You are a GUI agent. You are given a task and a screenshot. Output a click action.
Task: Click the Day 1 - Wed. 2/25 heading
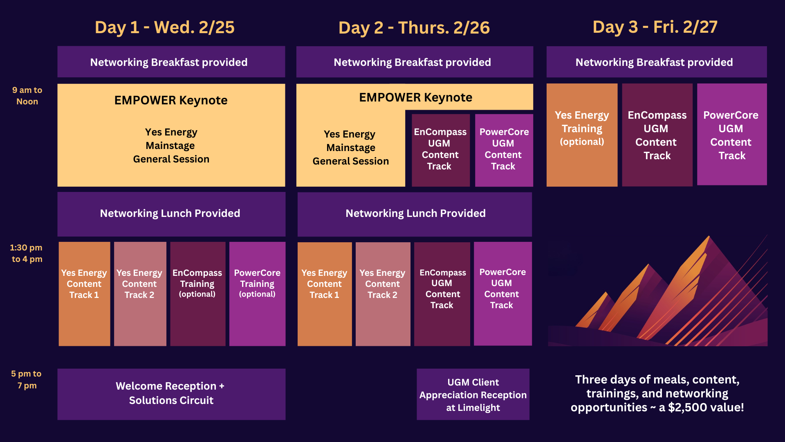[165, 27]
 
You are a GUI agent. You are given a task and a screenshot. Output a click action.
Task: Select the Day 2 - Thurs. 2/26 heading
[414, 28]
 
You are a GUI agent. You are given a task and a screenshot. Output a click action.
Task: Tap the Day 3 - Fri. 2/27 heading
[655, 27]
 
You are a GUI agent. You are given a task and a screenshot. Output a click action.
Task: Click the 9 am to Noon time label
[27, 96]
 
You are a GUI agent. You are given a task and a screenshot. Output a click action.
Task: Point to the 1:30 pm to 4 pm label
[27, 253]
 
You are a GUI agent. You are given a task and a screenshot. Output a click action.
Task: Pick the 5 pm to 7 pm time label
[27, 379]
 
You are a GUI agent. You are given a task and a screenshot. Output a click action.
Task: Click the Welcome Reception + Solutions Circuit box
[171, 394]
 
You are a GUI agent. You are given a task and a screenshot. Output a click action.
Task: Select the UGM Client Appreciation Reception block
[473, 394]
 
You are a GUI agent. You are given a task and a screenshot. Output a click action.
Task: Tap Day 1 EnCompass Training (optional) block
[198, 294]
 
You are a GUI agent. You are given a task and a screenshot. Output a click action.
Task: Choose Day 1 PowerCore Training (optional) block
[257, 294]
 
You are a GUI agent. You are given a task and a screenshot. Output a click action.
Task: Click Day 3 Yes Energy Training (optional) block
[582, 135]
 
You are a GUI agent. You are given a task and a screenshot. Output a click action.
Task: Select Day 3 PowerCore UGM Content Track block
[732, 135]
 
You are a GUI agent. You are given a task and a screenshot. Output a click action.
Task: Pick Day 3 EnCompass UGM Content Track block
[657, 135]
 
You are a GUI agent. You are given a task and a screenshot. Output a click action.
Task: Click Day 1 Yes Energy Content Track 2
[140, 294]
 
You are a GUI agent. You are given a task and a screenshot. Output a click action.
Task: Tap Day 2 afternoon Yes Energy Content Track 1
[325, 294]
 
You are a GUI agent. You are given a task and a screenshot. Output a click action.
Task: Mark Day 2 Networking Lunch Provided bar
[415, 214]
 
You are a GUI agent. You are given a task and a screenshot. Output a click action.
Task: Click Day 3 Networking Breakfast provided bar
[657, 62]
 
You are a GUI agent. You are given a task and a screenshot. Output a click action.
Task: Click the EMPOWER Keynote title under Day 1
[171, 100]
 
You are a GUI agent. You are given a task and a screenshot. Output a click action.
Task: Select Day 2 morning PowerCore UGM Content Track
[504, 150]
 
